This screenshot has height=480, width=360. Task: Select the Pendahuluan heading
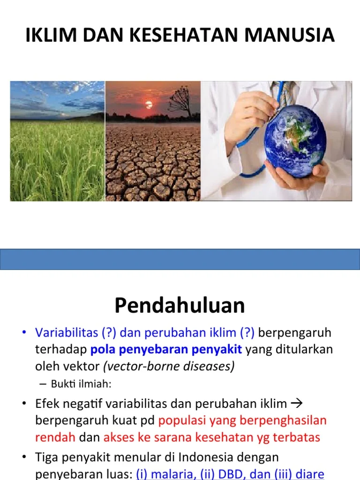[180, 306]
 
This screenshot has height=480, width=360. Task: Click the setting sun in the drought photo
[149, 104]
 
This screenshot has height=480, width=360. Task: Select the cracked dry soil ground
[152, 164]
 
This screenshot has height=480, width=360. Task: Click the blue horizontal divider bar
[180, 259]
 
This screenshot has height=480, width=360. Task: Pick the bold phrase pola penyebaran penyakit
[166, 350]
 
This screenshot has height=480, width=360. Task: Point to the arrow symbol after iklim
[297, 404]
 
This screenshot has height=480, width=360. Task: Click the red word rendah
[55, 437]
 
